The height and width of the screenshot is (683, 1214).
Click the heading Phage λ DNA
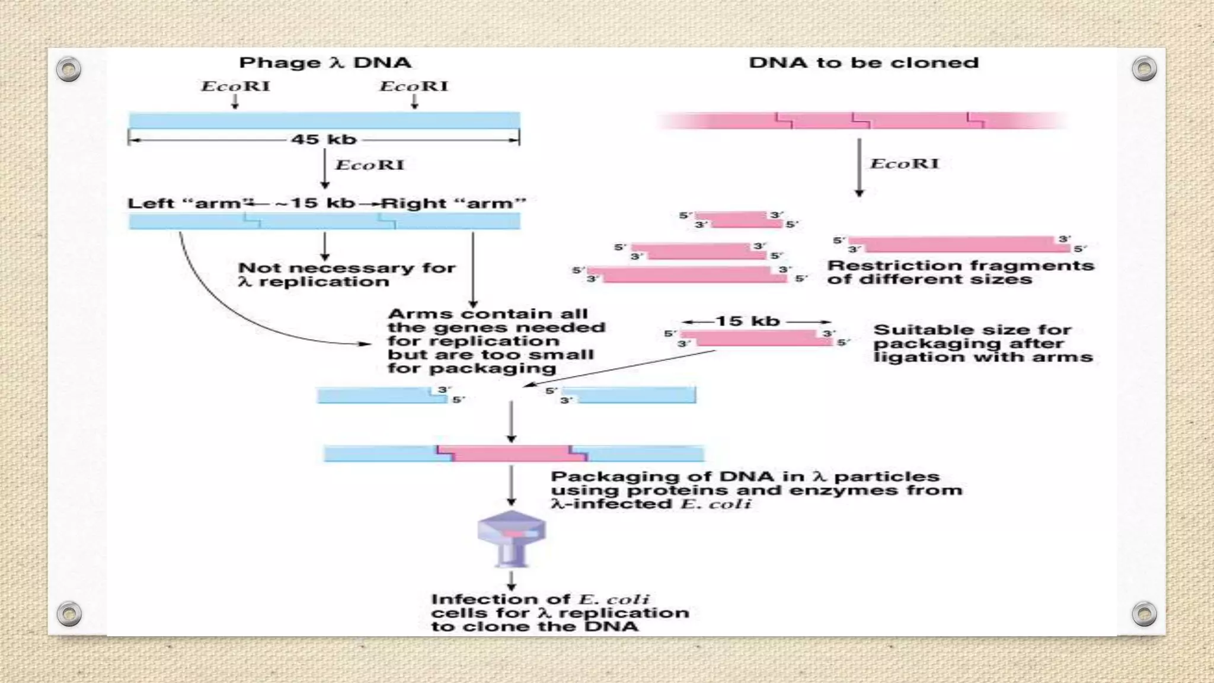coord(325,63)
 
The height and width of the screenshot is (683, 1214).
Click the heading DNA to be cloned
coord(863,63)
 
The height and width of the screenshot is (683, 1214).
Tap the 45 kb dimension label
coord(324,139)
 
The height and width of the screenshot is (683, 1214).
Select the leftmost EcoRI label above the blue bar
coord(235,87)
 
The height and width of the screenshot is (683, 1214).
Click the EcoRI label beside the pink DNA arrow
coord(904,164)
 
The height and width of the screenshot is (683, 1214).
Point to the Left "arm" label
coord(186,203)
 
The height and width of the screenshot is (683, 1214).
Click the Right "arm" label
coord(454,203)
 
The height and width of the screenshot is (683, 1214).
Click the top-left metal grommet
coord(69,69)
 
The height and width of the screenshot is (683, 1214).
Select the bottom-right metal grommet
coord(1144,614)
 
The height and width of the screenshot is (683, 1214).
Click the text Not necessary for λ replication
coord(346,275)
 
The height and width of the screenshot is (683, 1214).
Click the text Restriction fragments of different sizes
coord(960,273)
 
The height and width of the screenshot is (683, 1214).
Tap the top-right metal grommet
coord(1144,69)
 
